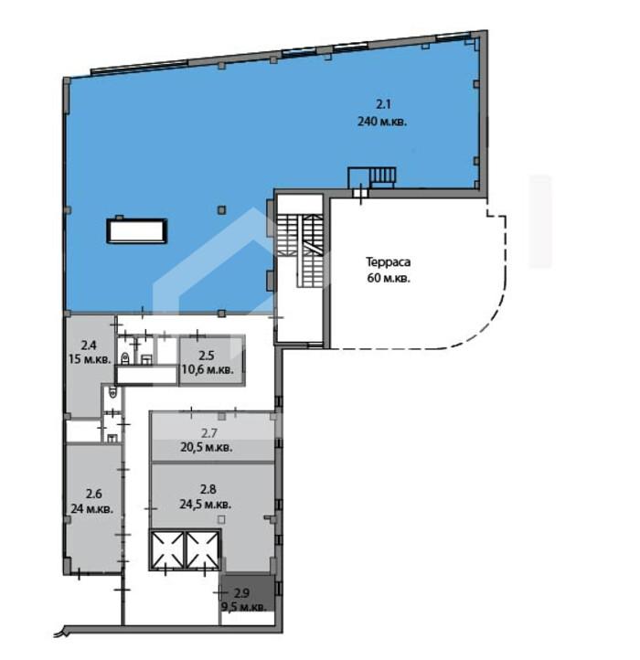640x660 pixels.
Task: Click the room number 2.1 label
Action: (383, 104)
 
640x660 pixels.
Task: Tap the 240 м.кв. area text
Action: (382, 122)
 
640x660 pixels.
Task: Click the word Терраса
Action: (389, 262)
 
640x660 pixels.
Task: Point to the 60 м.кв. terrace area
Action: (389, 278)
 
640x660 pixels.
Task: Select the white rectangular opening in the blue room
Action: (137, 230)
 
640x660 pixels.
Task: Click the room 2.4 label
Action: (89, 346)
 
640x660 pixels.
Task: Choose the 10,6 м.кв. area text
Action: (208, 370)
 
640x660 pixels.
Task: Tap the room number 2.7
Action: (209, 432)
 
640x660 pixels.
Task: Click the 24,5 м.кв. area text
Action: (205, 504)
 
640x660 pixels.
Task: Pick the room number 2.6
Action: (94, 494)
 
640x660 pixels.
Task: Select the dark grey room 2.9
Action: (247, 593)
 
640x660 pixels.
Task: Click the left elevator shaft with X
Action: (167, 549)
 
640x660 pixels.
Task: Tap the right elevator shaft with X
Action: (203, 549)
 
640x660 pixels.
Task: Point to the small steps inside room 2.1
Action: (382, 176)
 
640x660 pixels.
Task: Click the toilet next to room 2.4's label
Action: (125, 358)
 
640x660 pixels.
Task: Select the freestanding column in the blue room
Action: (222, 209)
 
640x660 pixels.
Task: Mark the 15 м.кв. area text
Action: (91, 360)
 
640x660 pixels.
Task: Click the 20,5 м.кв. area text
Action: (207, 447)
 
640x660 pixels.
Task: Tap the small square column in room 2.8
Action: (221, 519)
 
